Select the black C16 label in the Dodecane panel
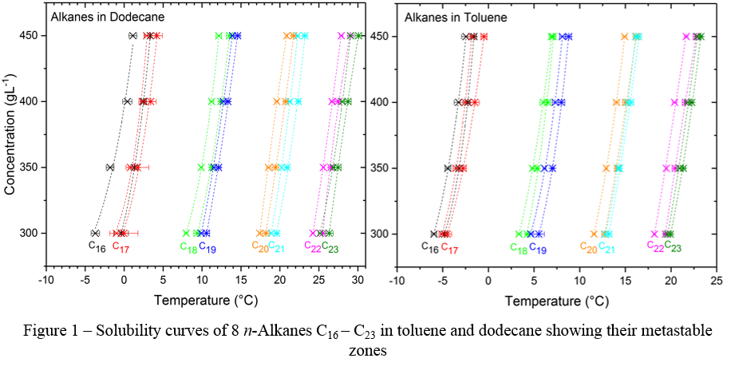[x=97, y=246]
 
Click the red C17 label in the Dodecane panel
[x=121, y=246]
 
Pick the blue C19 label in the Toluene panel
[x=539, y=248]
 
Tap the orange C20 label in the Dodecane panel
[x=259, y=246]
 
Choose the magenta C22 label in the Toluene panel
[x=655, y=246]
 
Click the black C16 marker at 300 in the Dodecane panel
[x=95, y=233]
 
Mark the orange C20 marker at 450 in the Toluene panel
[x=625, y=37]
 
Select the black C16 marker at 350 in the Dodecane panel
[x=110, y=167]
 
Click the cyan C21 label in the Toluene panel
[x=607, y=248]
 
